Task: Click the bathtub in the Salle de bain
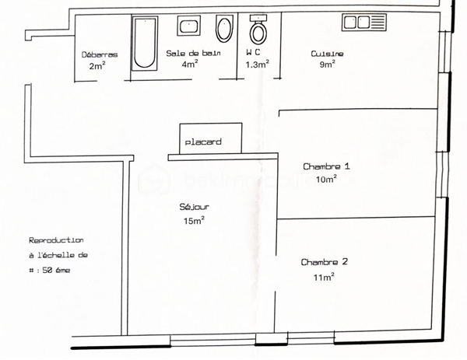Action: point(145,44)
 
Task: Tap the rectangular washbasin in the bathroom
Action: point(189,26)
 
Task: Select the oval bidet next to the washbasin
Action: point(224,29)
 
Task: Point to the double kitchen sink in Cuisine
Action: point(364,23)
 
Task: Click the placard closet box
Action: point(211,138)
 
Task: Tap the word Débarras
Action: point(100,54)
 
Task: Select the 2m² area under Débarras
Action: point(97,65)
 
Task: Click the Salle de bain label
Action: point(193,53)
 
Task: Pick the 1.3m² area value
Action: point(258,65)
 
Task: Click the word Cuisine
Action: point(327,54)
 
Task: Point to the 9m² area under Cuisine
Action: point(328,64)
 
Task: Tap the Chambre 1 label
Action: point(326,166)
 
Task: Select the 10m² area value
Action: point(326,179)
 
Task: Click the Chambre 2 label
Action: point(325,262)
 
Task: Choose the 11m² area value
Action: point(324,277)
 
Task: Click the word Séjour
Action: point(194,207)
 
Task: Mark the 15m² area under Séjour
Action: point(194,221)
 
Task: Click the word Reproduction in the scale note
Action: point(56,240)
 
